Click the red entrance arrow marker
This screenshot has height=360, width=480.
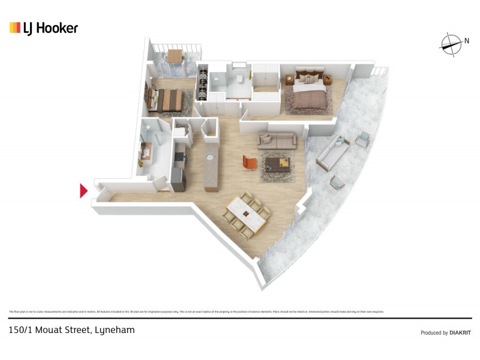84,191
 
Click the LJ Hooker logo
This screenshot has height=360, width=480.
44,28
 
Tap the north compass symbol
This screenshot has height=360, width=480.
450,42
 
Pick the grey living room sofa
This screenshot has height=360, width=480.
277,141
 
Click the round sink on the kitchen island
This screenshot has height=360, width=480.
210,156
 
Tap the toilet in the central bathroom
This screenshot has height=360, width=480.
238,79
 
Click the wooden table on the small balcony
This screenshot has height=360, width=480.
174,56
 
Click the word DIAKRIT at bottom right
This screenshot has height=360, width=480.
461,332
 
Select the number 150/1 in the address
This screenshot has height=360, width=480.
21,330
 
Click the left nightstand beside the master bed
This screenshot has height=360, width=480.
289,78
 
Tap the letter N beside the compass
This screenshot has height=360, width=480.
466,41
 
